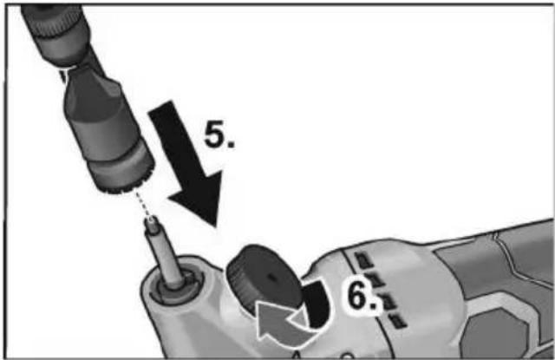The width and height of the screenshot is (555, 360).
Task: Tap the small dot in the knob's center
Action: click(271, 278)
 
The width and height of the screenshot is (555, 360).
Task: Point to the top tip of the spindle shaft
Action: click(152, 219)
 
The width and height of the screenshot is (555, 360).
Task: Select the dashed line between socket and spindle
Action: click(143, 204)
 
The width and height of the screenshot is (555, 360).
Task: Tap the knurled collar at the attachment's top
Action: click(56, 22)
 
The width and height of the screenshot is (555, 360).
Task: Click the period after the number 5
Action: click(230, 144)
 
